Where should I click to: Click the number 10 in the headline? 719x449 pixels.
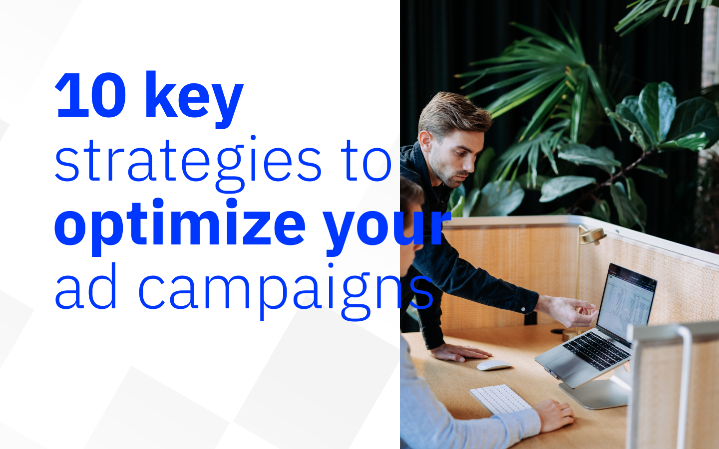tap(90, 96)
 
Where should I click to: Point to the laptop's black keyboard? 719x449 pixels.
tap(597, 350)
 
